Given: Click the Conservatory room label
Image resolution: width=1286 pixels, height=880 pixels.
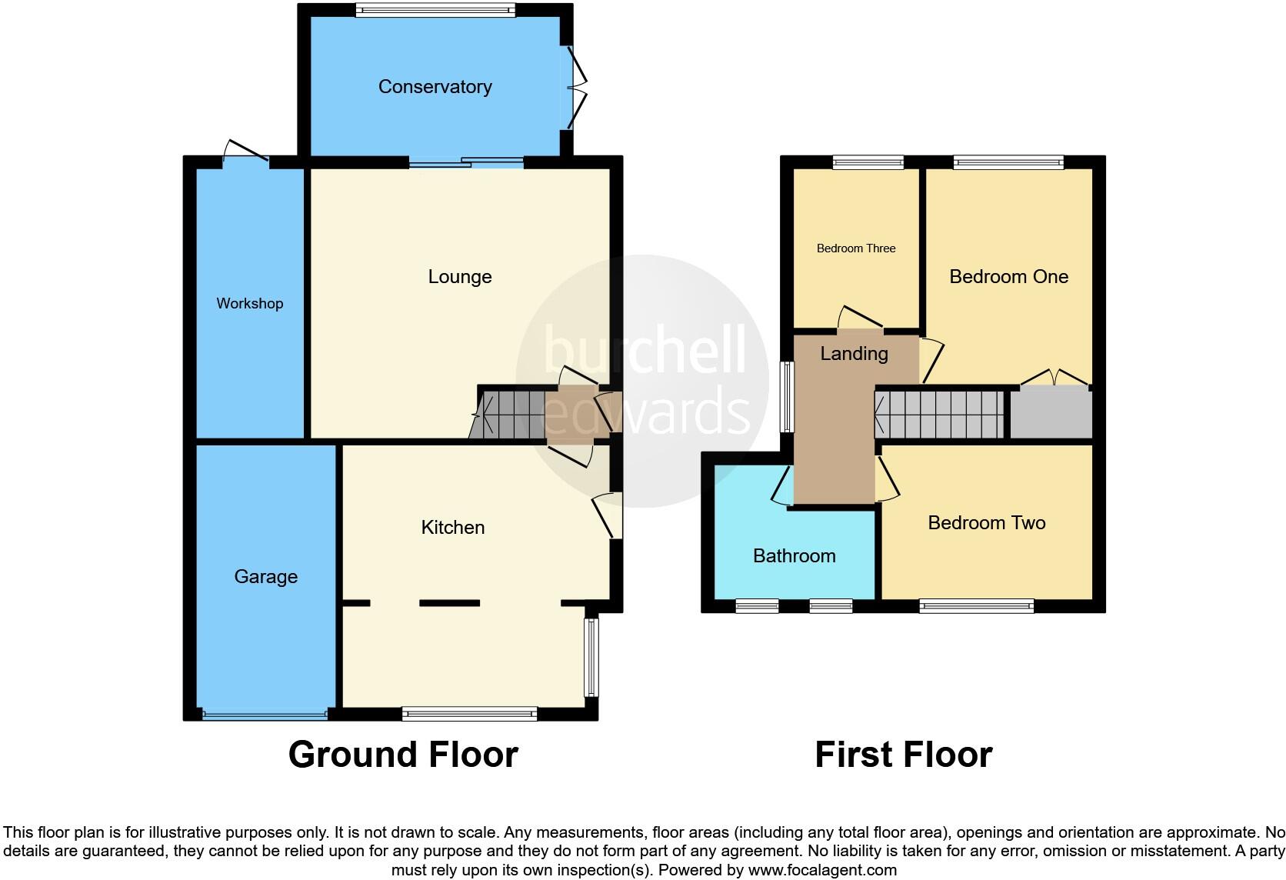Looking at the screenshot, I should (x=435, y=87).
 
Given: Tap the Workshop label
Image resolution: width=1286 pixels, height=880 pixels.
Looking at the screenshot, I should (x=249, y=304).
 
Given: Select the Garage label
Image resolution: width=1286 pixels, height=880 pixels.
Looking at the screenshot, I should (x=265, y=577).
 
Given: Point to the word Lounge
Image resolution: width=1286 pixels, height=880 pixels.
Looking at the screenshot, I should (x=459, y=277).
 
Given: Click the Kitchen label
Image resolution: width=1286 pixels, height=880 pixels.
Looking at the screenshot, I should (x=452, y=528).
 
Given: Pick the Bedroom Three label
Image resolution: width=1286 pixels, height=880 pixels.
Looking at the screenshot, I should (x=855, y=248).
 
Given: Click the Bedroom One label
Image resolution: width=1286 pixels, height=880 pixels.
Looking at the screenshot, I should (x=1008, y=277).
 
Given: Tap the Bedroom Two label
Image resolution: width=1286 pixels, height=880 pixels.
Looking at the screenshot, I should (x=986, y=523).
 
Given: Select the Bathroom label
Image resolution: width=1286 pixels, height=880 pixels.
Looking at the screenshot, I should (x=794, y=556).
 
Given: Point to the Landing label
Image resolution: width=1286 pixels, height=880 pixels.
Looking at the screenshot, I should (x=854, y=354).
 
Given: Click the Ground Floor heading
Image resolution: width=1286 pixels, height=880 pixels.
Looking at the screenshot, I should (x=403, y=755).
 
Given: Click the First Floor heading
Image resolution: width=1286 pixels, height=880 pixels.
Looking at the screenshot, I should (x=903, y=755).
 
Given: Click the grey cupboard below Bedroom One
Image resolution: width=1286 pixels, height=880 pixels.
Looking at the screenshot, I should (x=1051, y=414).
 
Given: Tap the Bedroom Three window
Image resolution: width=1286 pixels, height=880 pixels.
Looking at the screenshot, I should (x=868, y=162).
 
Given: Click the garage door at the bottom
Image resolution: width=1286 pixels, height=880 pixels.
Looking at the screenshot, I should (x=265, y=715).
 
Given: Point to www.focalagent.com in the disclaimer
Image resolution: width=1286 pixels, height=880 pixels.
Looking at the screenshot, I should (x=821, y=871).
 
